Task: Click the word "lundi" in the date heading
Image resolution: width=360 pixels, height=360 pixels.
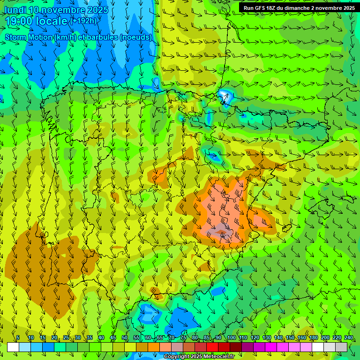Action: pyautogui.click(x=15, y=10)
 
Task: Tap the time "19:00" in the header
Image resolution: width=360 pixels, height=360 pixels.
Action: pyautogui.click(x=19, y=22)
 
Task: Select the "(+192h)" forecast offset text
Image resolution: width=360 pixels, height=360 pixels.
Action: pyautogui.click(x=83, y=21)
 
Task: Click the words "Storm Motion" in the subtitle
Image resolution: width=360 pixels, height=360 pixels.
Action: pyautogui.click(x=28, y=37)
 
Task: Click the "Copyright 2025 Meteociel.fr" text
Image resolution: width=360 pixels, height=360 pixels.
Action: pyautogui.click(x=199, y=357)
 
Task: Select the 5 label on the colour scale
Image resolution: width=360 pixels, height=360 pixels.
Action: pyautogui.click(x=18, y=338)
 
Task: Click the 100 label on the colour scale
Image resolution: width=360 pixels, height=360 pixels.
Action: pyautogui.click(x=232, y=338)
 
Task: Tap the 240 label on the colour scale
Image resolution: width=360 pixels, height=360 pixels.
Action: pyautogui.click(x=349, y=338)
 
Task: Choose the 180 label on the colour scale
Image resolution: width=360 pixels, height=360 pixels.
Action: pyautogui.click(x=314, y=338)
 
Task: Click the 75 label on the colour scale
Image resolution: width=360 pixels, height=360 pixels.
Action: pyautogui.click(x=183, y=338)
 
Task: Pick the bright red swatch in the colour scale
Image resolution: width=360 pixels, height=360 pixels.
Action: pyautogui.click(x=212, y=347)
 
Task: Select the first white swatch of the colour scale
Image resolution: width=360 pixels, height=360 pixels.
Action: pyautogui.click(x=13, y=347)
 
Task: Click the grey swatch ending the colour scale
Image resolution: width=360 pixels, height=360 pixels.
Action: pyautogui.click(x=341, y=347)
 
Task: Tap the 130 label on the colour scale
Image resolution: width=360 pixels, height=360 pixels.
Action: pyautogui.click(x=267, y=338)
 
